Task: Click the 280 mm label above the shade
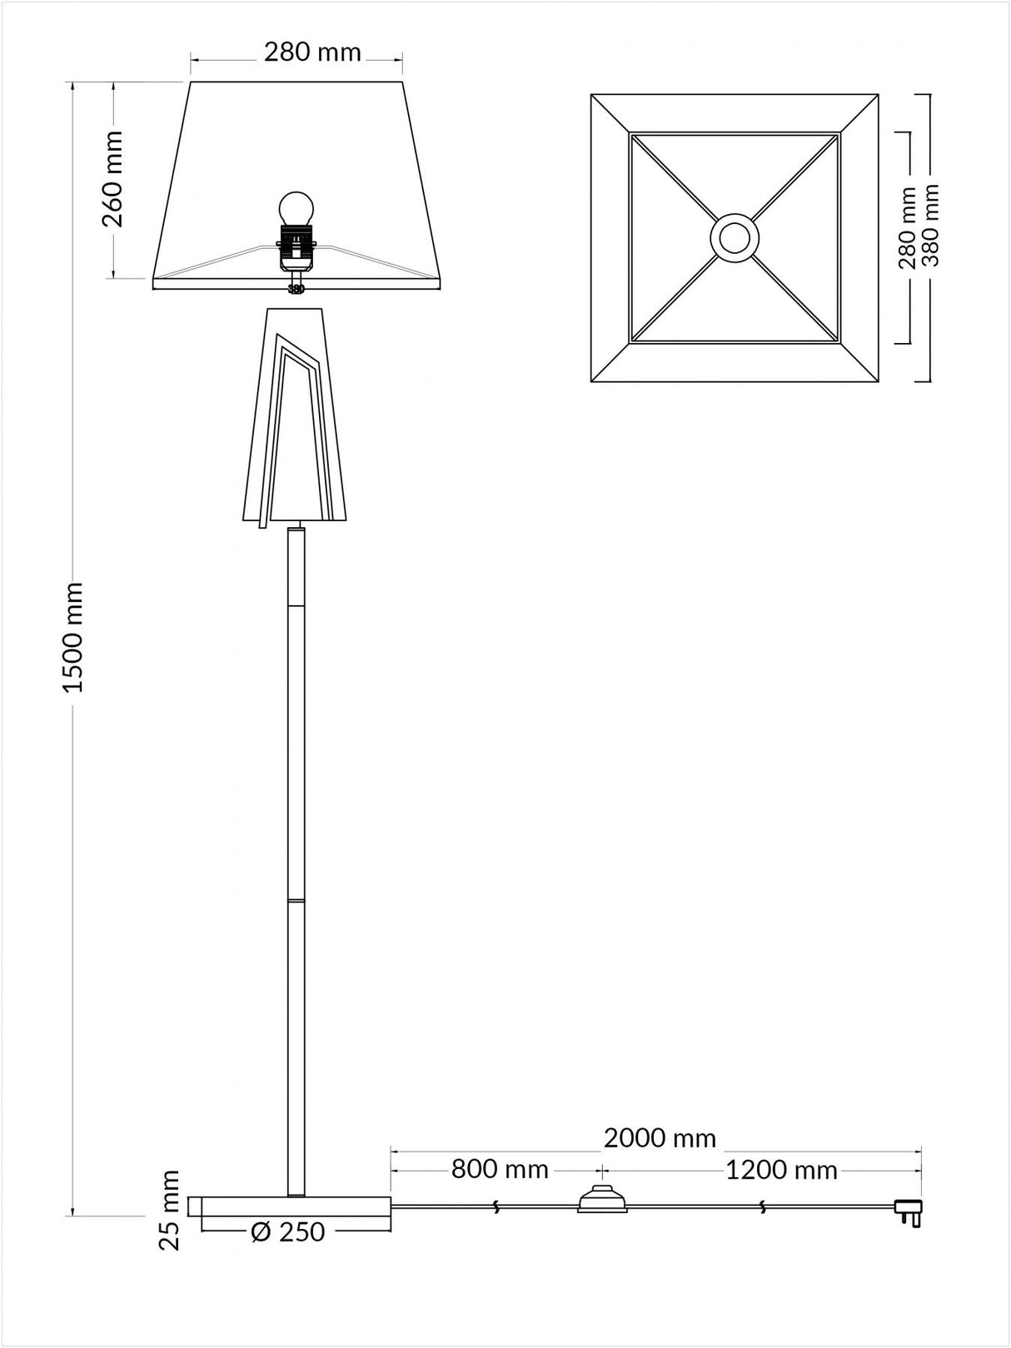click(x=312, y=52)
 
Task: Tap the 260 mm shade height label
click(x=112, y=178)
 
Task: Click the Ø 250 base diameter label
click(x=287, y=1231)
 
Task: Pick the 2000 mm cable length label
click(x=660, y=1137)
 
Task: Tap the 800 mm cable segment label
click(x=500, y=1170)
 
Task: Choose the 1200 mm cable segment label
click(x=780, y=1171)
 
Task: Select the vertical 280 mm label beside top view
click(x=908, y=228)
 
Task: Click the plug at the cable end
click(x=908, y=1210)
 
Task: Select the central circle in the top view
click(x=735, y=237)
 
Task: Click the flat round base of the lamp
click(x=291, y=1206)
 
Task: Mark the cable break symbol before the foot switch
click(x=496, y=1206)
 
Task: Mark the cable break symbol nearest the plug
click(x=764, y=1206)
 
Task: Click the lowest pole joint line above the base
click(x=296, y=899)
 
